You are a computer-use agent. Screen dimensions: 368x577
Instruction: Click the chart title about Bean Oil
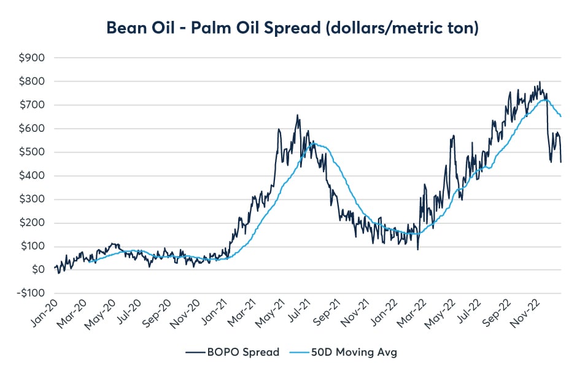(289, 28)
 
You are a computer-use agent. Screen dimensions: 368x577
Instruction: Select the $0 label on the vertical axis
(39, 270)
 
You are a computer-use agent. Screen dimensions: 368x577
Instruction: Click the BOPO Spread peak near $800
(540, 82)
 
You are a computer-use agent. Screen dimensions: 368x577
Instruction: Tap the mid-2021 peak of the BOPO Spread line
(298, 115)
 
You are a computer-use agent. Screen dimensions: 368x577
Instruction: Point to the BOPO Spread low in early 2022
(417, 249)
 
